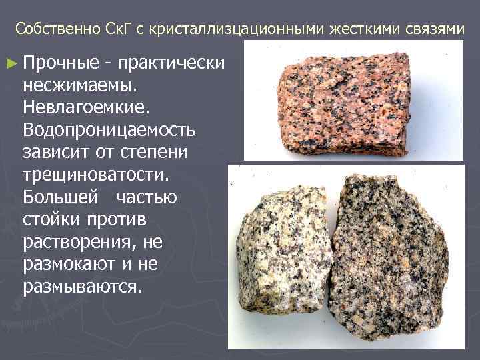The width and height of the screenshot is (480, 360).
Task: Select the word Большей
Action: [59, 197]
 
